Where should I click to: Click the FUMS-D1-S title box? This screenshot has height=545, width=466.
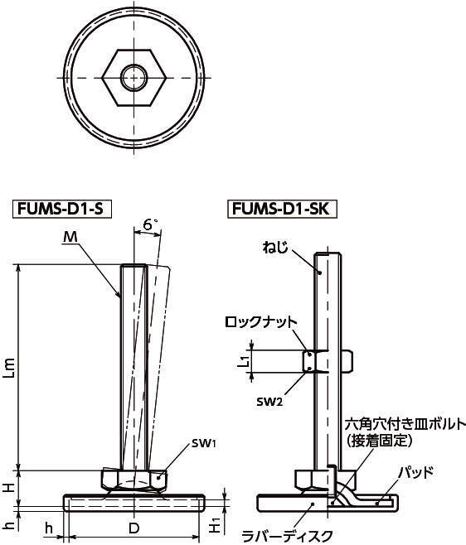[62, 210]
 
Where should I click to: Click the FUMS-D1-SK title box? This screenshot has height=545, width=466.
[283, 210]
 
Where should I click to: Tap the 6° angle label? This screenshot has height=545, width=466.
[149, 225]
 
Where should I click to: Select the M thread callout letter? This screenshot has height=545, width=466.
[70, 237]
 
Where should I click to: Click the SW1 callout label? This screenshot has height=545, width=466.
[204, 443]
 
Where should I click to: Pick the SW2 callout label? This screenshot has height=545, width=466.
[269, 402]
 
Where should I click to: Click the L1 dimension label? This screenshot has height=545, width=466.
[245, 361]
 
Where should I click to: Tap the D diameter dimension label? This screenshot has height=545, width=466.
[134, 528]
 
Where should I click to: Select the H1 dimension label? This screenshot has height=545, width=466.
[215, 526]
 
